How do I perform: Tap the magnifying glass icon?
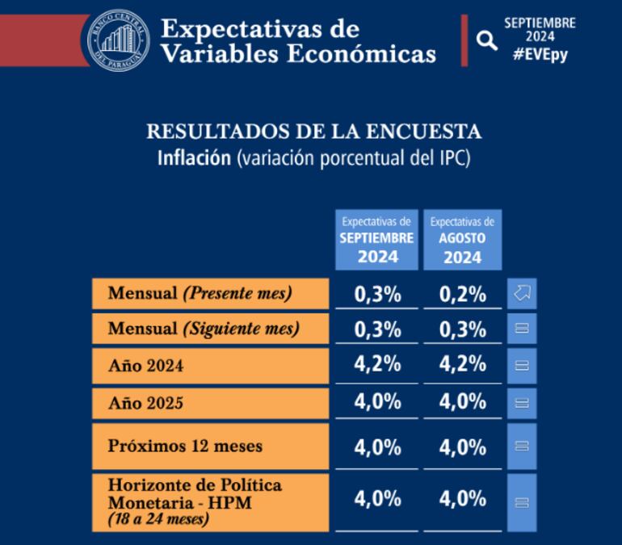click(487, 40)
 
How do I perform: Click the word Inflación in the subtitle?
click(193, 157)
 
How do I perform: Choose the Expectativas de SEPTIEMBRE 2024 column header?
click(377, 240)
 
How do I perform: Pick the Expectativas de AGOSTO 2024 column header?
click(463, 240)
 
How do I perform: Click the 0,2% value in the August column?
click(463, 295)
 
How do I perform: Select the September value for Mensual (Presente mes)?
click(377, 295)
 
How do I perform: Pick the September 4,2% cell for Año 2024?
click(377, 365)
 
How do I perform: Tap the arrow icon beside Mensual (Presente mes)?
click(521, 294)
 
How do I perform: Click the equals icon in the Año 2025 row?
click(521, 402)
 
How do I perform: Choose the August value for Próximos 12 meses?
click(463, 446)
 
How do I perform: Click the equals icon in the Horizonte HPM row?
click(521, 501)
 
